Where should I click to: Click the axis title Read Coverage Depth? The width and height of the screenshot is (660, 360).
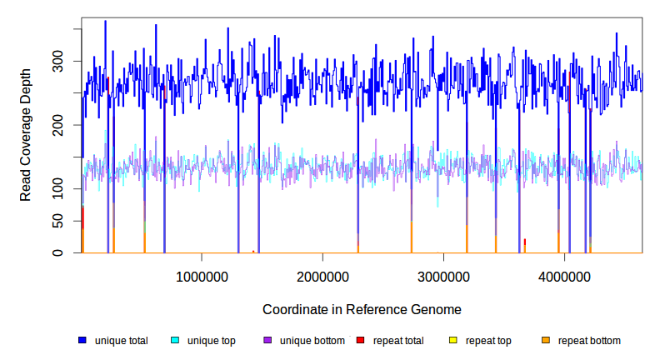[26, 135]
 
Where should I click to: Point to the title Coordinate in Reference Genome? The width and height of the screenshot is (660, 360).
[362, 310]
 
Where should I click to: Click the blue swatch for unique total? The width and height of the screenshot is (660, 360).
[82, 341]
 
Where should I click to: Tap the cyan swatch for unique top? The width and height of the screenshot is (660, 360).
[175, 341]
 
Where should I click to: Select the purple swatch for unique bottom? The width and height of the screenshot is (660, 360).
[267, 341]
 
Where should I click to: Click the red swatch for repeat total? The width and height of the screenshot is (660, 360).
[360, 341]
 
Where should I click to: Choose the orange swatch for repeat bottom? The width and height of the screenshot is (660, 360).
[546, 341]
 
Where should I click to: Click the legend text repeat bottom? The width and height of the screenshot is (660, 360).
[589, 341]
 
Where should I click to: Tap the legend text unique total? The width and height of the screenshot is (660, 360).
[122, 341]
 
